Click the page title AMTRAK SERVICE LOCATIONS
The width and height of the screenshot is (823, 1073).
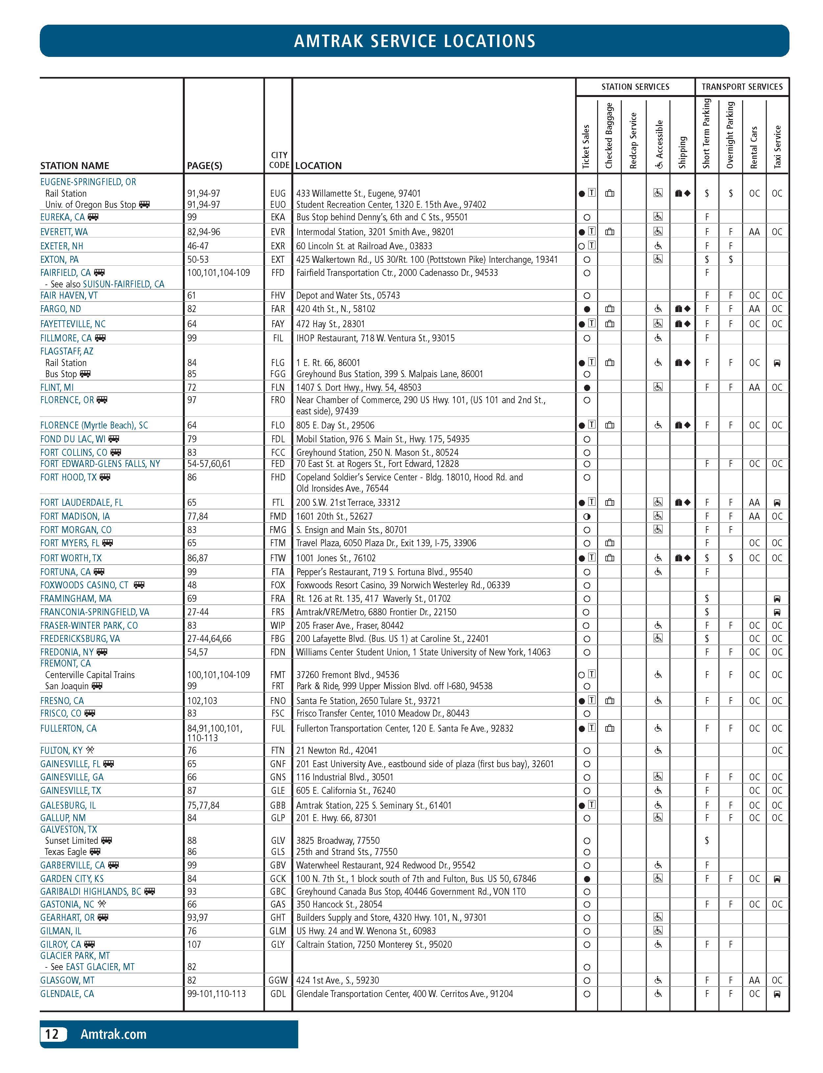(x=414, y=41)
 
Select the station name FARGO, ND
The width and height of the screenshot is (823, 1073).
(x=60, y=309)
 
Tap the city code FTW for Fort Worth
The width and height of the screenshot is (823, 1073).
(x=278, y=558)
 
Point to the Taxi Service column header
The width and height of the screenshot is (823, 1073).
(x=777, y=147)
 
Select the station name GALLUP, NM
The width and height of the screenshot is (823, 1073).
(x=63, y=818)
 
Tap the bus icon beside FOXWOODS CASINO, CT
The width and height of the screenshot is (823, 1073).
(x=139, y=585)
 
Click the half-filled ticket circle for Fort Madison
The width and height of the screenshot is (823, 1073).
(x=587, y=516)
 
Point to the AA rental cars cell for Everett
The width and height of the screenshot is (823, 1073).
(x=754, y=232)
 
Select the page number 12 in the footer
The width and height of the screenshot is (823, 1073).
(x=52, y=1034)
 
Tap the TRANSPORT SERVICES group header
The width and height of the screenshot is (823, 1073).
(x=742, y=87)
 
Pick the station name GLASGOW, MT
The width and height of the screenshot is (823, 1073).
(x=67, y=980)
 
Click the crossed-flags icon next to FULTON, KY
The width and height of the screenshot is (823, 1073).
(x=90, y=750)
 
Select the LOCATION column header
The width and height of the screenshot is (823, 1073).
(x=318, y=166)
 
